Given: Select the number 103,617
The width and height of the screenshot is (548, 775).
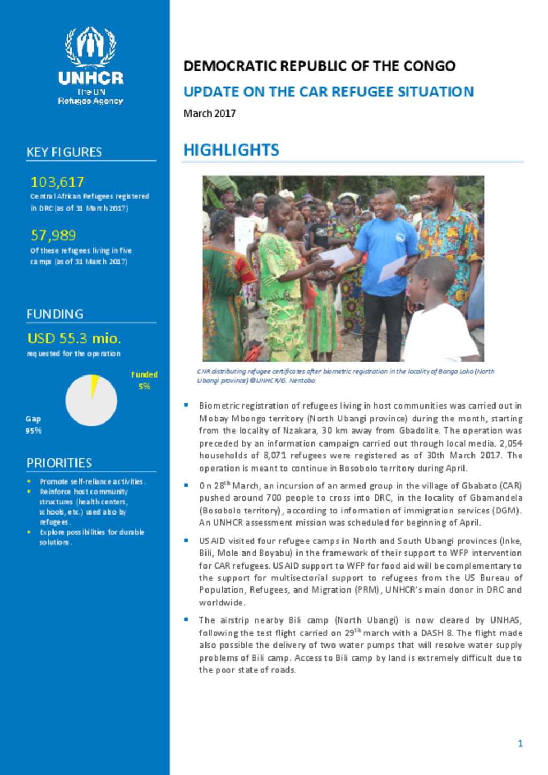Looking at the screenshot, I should (x=57, y=182).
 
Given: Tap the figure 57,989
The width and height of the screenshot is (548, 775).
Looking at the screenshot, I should (x=54, y=235).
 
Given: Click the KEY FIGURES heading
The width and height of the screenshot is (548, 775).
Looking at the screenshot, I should (x=64, y=152).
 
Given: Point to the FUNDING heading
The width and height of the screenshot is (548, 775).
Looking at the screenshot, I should (x=55, y=314).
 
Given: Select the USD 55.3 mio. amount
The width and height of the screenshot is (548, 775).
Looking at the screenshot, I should (x=74, y=339).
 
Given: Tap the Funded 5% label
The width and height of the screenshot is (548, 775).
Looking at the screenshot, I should (x=144, y=380).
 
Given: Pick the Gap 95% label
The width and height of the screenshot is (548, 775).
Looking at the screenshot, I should (x=33, y=425).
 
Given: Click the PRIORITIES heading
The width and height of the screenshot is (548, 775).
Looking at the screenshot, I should (x=59, y=463).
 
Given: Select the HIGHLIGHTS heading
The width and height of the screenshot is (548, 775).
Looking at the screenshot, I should (x=231, y=150).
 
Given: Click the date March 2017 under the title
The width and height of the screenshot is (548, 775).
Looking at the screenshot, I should (x=210, y=113).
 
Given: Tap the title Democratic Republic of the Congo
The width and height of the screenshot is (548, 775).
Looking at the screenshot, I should (x=319, y=66).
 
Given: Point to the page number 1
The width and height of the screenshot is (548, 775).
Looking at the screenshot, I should (x=520, y=743).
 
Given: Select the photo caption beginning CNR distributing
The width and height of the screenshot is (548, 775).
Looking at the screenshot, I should (x=345, y=376).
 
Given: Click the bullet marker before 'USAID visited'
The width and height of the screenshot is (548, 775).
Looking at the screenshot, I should (x=186, y=540).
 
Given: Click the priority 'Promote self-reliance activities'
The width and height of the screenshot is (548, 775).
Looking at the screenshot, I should (x=92, y=481).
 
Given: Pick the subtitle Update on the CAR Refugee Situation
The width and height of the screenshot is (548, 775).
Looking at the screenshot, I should (x=329, y=92).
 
